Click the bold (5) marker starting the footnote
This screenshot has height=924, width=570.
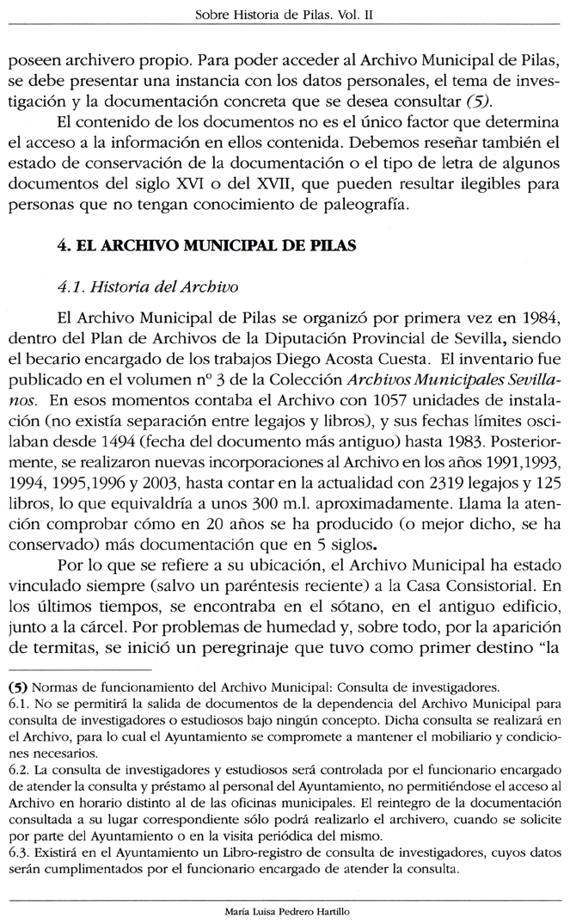(x=16, y=687)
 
